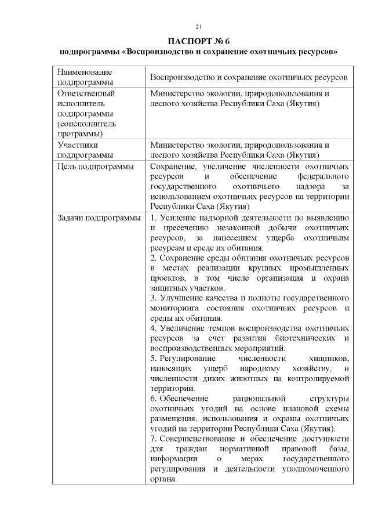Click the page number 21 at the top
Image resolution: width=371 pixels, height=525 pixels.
click(198, 27)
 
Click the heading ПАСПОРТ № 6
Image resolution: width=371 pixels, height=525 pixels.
click(198, 41)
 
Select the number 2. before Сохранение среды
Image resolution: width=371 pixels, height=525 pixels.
click(153, 258)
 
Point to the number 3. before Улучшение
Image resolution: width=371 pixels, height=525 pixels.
click(153, 298)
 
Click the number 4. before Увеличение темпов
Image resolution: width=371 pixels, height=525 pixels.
click(153, 328)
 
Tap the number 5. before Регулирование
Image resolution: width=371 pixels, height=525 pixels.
click(153, 359)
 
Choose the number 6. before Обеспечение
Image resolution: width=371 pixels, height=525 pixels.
click(153, 399)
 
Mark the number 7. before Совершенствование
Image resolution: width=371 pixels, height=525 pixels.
click(153, 439)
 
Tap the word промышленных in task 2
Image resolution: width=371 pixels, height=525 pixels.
click(321, 268)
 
